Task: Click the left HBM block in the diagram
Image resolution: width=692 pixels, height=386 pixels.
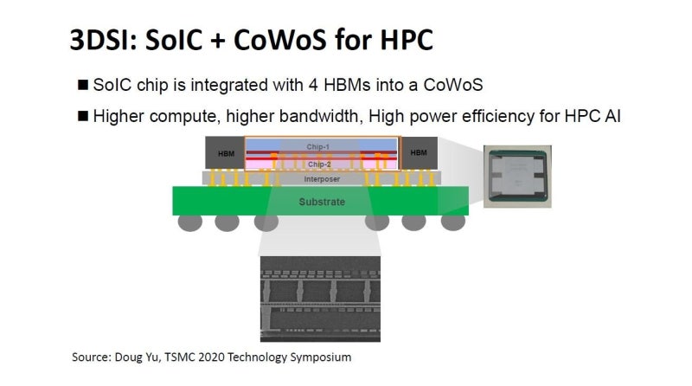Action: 226,153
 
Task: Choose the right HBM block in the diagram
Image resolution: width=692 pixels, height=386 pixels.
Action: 419,153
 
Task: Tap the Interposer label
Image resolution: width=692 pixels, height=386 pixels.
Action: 321,179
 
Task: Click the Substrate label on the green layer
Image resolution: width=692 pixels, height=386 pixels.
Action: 321,202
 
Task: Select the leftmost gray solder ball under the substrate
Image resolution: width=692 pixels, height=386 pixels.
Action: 190,222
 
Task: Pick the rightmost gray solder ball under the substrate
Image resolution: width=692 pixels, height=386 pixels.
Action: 452,222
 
